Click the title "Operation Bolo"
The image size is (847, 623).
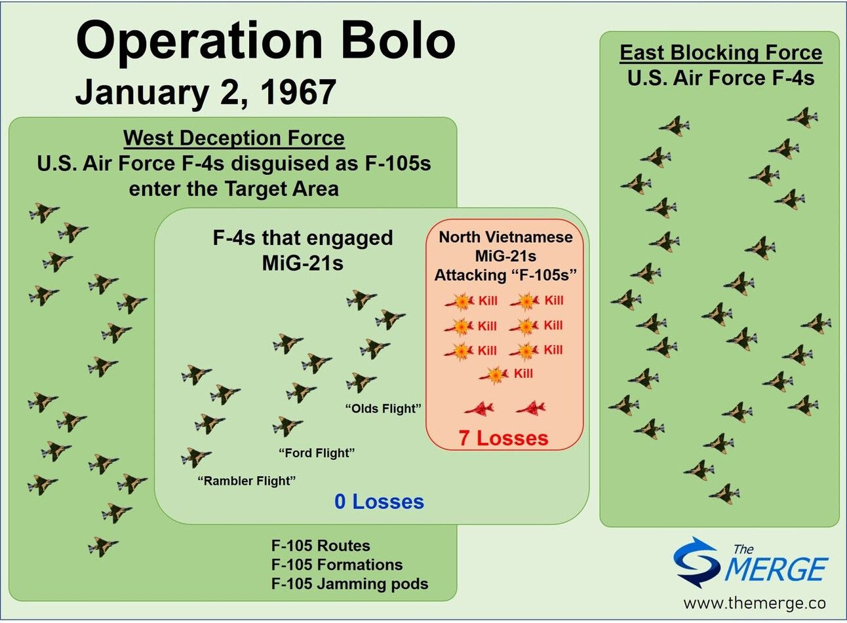point(266,41)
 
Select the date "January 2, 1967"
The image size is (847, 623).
point(205,92)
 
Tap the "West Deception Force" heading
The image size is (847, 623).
point(233,138)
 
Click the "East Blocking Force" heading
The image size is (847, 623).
point(720,53)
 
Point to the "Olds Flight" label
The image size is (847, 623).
point(383,409)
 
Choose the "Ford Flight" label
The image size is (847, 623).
point(317,453)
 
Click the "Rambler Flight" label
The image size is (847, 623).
point(246,481)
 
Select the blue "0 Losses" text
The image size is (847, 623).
point(379,502)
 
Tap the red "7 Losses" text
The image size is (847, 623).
point(503,438)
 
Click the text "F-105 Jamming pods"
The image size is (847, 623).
point(349,584)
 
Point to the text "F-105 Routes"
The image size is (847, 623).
point(321,546)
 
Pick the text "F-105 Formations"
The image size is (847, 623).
point(337,565)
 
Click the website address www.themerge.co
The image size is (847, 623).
point(755,603)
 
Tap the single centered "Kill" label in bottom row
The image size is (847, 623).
point(523,373)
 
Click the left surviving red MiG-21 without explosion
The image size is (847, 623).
point(479,409)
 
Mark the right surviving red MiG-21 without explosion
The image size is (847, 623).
point(530,409)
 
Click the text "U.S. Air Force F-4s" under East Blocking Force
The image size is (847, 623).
point(720,79)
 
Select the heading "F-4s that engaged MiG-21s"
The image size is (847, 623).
point(303,250)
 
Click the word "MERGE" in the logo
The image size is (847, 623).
point(777,569)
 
